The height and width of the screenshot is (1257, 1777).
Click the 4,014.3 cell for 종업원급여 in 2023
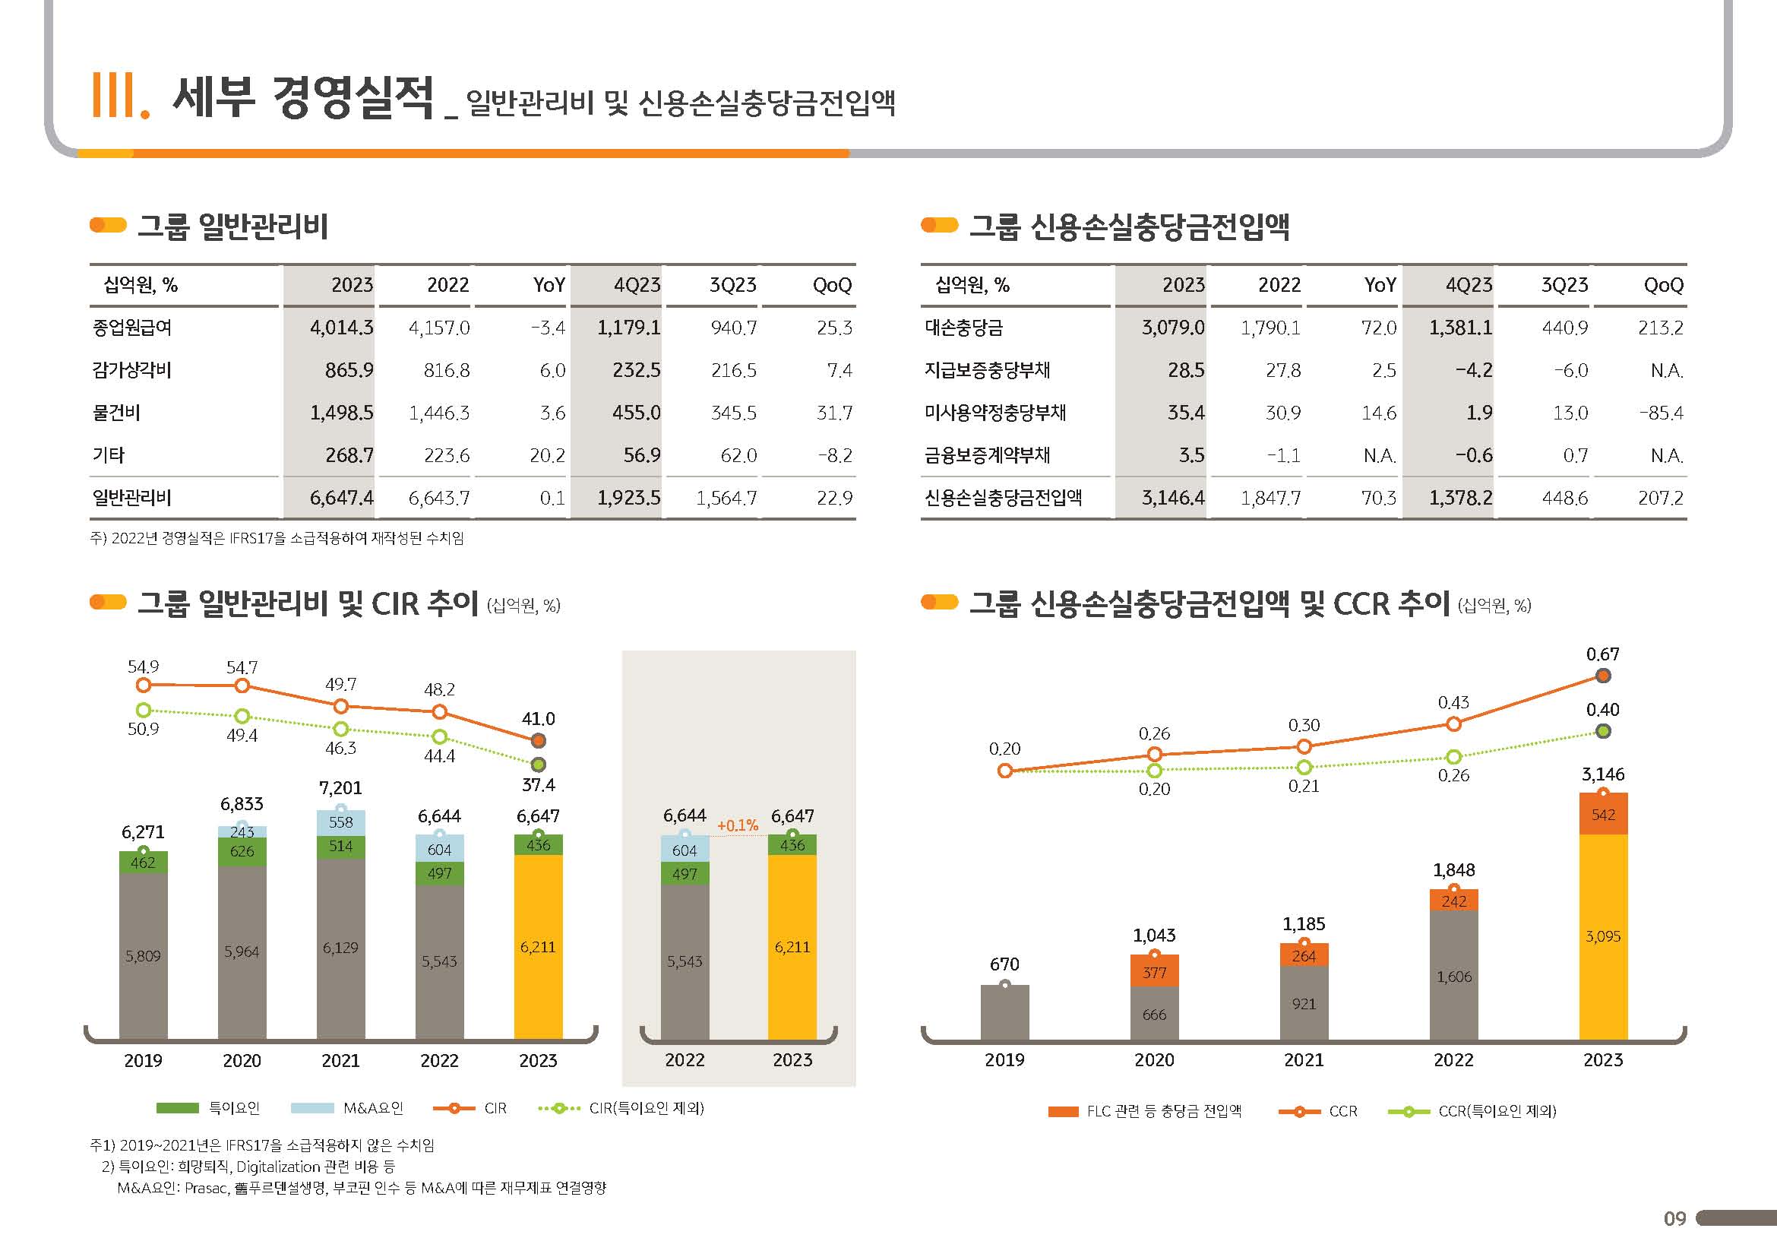341,328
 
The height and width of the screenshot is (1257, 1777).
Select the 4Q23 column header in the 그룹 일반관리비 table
637,286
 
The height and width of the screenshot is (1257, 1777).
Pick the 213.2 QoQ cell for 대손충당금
1660,328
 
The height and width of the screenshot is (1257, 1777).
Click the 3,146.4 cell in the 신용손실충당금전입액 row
1172,498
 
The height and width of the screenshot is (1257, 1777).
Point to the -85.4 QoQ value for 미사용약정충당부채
1661,413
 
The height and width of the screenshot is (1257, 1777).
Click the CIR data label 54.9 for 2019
143,666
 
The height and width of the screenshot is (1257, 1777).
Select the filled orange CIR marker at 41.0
539,741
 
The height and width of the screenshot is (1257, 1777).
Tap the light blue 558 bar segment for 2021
340,822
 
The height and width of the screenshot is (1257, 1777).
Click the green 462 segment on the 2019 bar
143,863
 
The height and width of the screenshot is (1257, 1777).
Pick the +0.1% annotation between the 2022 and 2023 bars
738,826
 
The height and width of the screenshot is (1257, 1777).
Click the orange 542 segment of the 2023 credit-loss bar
1603,815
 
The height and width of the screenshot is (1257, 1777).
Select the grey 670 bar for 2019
1004,1012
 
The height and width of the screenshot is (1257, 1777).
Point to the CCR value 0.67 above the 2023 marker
1602,655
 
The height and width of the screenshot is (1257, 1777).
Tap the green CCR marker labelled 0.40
1603,730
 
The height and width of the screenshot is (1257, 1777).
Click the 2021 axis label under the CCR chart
1304,1060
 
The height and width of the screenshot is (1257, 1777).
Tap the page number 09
1674,1219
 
